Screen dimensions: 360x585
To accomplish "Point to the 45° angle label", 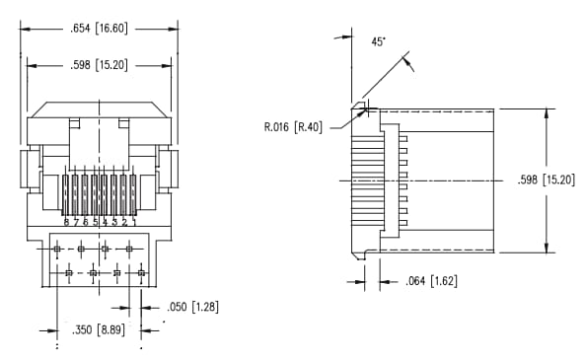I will click(x=378, y=42).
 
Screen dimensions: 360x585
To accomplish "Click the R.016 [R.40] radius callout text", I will click(x=295, y=126).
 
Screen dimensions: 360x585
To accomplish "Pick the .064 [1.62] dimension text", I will click(x=430, y=281).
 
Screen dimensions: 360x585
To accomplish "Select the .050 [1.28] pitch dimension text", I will click(x=191, y=307).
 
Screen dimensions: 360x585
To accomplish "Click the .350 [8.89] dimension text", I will click(x=99, y=329).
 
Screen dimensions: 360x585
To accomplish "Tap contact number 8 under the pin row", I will click(x=66, y=223).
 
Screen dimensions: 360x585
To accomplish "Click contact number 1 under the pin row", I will click(x=134, y=223).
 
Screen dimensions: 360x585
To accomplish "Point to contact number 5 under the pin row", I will click(x=95, y=223).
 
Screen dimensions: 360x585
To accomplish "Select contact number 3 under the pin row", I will click(x=114, y=223).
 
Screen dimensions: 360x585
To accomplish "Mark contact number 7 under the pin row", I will click(x=76, y=223).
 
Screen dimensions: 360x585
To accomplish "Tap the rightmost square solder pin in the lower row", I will click(x=141, y=271).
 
